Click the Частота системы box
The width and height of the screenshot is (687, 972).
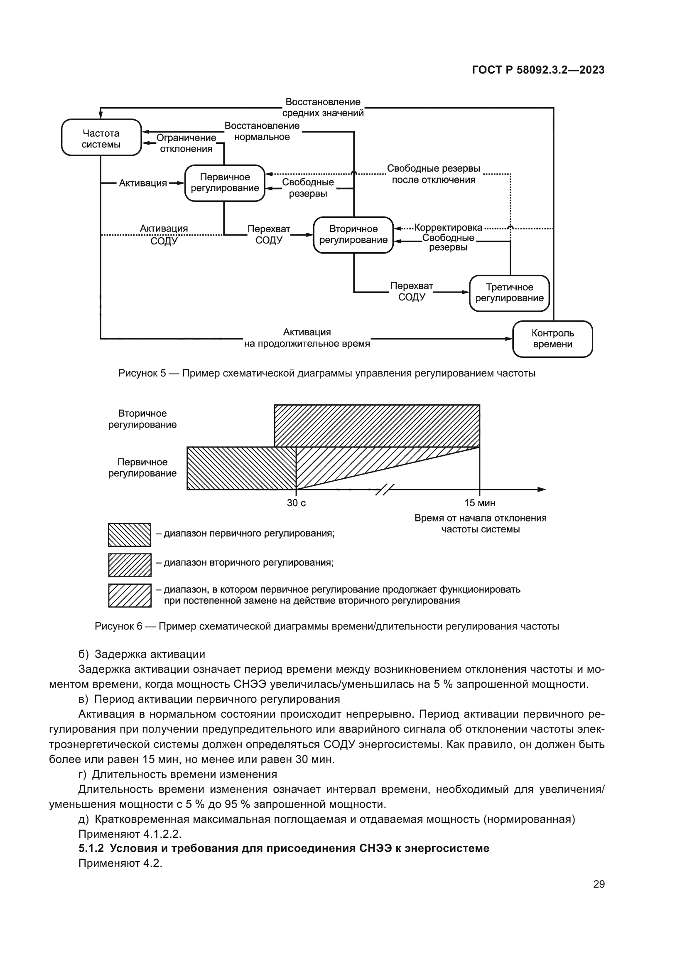click(x=101, y=138)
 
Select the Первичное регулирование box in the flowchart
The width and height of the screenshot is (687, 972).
click(x=225, y=183)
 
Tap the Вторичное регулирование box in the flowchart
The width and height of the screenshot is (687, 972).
click(x=353, y=234)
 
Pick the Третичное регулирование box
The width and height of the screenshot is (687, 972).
click(x=509, y=293)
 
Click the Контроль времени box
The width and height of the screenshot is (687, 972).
click(x=552, y=339)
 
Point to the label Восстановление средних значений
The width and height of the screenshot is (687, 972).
click(x=323, y=108)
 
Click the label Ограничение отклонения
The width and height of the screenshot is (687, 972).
click(x=186, y=143)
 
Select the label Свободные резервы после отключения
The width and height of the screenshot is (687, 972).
click(x=433, y=174)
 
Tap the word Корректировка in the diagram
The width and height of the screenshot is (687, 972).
click(x=448, y=228)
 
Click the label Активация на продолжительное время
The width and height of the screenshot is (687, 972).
click(x=307, y=338)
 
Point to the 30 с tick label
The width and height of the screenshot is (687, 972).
click(x=296, y=503)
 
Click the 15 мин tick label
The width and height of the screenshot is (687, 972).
click(x=479, y=503)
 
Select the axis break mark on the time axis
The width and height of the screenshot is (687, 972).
click(x=385, y=490)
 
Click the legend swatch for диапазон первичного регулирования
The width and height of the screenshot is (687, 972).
click(x=130, y=535)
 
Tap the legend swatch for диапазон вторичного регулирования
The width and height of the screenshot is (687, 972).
click(x=130, y=565)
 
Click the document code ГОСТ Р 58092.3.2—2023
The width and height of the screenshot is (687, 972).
click(x=538, y=70)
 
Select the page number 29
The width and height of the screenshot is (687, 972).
click(x=599, y=884)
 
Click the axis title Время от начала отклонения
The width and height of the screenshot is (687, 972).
click(x=480, y=518)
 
